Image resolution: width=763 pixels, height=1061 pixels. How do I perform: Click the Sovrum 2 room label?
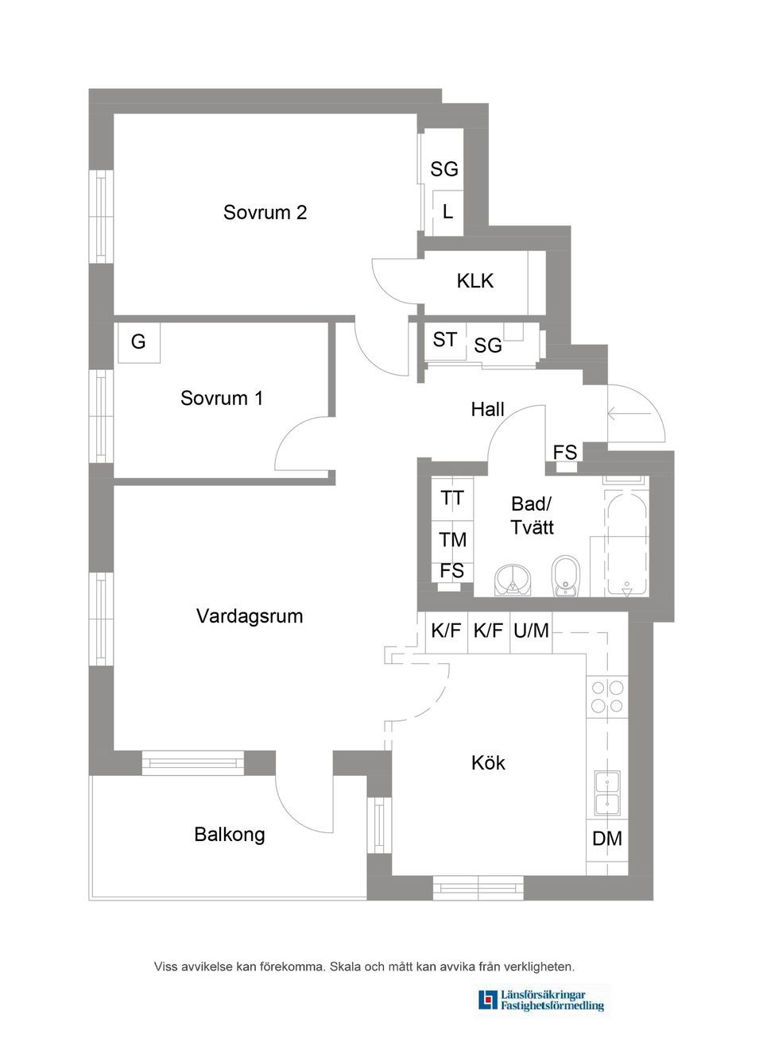click(265, 213)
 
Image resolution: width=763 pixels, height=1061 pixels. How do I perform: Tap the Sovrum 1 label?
click(222, 399)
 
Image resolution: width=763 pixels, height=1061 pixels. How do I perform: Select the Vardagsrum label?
click(250, 616)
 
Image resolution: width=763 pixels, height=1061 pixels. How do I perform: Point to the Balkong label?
click(230, 835)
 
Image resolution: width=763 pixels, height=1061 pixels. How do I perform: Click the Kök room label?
click(488, 763)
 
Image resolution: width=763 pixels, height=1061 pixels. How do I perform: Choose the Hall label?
click(487, 410)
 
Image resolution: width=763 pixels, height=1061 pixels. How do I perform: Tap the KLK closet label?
click(475, 281)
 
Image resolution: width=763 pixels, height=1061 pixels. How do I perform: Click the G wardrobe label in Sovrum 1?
click(138, 342)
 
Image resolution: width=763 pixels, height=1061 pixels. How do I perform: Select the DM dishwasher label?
click(607, 839)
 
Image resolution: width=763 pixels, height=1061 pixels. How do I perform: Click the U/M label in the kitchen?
click(531, 631)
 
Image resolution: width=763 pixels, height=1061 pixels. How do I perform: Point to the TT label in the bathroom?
click(452, 499)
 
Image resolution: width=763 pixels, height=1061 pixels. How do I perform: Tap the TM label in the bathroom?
click(453, 540)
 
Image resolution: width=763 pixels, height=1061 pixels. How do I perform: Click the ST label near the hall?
click(444, 340)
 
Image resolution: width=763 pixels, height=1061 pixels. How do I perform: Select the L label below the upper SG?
click(448, 212)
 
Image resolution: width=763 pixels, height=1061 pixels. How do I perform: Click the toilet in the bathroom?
click(565, 574)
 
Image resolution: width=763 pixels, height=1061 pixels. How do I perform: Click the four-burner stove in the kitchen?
click(607, 696)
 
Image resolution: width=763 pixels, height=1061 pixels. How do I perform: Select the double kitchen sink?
click(607, 793)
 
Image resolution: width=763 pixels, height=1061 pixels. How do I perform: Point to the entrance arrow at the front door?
click(618, 413)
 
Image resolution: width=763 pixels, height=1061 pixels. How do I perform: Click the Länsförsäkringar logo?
click(543, 1001)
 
